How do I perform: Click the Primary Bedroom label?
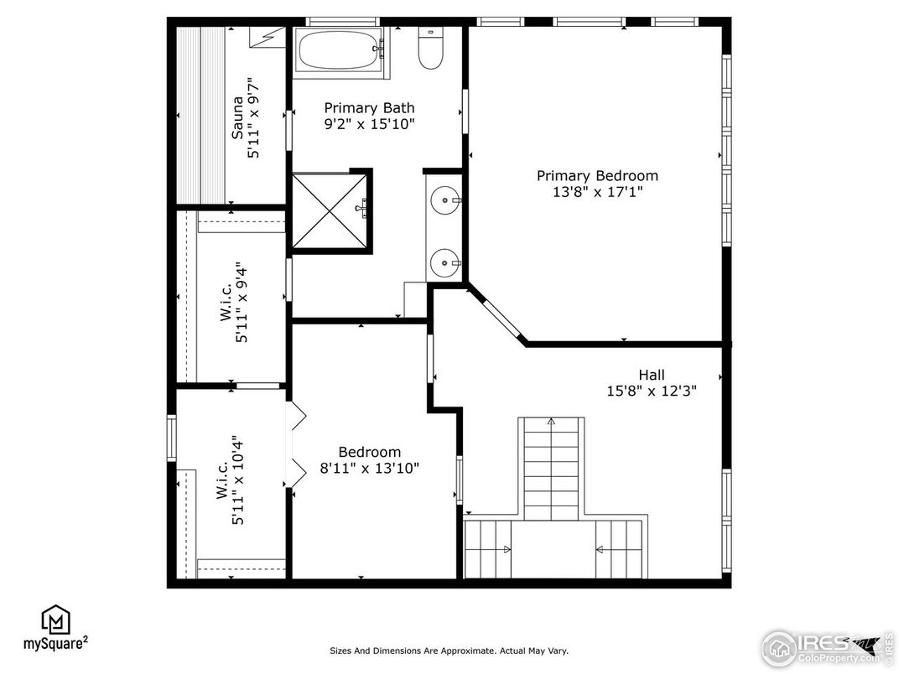pyautogui.click(x=597, y=175)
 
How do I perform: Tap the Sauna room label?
pyautogui.click(x=236, y=117)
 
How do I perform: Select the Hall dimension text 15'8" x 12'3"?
pyautogui.click(x=652, y=391)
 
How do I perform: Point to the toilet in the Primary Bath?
pyautogui.click(x=430, y=49)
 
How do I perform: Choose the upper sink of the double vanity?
pyautogui.click(x=445, y=200)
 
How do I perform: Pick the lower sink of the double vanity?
pyautogui.click(x=445, y=263)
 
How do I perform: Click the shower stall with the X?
pyautogui.click(x=329, y=211)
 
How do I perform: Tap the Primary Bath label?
pyautogui.click(x=369, y=108)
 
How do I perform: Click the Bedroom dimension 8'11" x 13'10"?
pyautogui.click(x=369, y=469)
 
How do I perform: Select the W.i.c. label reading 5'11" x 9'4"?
pyautogui.click(x=234, y=303)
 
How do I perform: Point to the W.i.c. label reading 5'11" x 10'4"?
pyautogui.click(x=230, y=480)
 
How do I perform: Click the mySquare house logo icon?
pyautogui.click(x=55, y=620)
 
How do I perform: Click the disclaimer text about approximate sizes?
pyautogui.click(x=449, y=651)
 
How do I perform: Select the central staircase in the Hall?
pyautogui.click(x=551, y=469)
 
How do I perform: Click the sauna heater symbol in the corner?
pyautogui.click(x=267, y=37)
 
